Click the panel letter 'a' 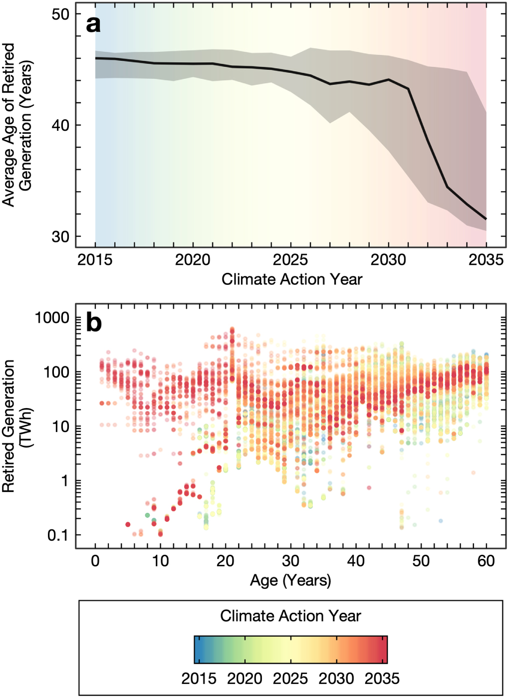click(93, 23)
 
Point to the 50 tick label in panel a click(60, 14)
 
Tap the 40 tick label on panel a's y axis click(60, 125)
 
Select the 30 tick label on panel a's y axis click(60, 236)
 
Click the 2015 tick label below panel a click(95, 260)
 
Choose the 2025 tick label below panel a click(290, 260)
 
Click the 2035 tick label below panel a click(486, 260)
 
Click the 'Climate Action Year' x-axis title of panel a click(292, 279)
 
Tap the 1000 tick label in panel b click(52, 318)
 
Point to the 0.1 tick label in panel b click(58, 535)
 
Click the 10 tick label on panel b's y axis click(60, 427)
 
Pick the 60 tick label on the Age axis click(486, 561)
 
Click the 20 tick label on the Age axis click(226, 561)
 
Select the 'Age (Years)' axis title click(290, 580)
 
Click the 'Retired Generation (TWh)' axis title click(16, 427)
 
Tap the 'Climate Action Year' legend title click(290, 616)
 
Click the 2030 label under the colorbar click(336, 679)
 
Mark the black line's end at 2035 click(486, 219)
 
